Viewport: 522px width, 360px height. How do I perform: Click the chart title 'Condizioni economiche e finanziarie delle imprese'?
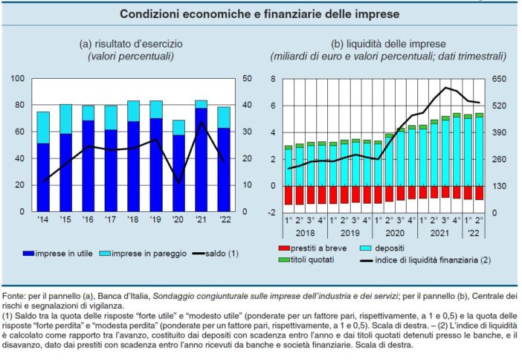tap(260, 14)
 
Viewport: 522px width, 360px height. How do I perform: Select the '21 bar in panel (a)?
tap(201, 156)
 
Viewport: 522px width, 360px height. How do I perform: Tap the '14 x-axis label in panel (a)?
tap(43, 221)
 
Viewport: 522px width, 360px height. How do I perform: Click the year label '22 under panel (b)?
tap(473, 234)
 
